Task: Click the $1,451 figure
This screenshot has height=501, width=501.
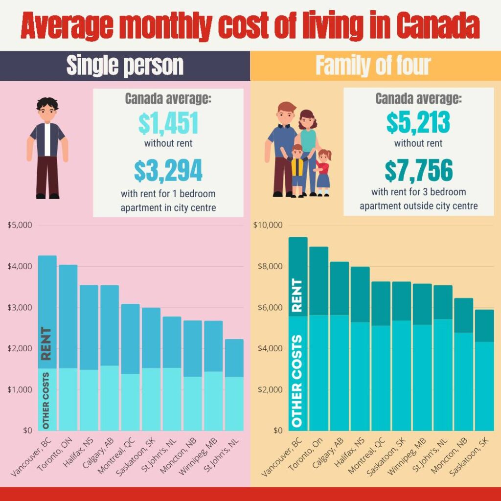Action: coord(168,124)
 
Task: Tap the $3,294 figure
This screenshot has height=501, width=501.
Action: coord(168,170)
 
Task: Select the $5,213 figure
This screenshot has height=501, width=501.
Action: coord(418,124)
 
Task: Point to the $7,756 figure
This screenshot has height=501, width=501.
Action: coord(418,170)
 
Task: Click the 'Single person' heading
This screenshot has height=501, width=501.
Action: coord(125,66)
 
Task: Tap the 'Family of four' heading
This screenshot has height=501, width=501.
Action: coord(373,66)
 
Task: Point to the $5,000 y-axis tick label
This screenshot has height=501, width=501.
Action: coord(20,226)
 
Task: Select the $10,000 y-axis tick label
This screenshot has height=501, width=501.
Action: coord(269,226)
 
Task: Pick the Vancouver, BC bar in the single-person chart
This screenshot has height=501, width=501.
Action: coord(47,342)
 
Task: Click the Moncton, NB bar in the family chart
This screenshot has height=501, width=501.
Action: coord(463,364)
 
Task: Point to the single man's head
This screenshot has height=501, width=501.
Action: coord(47,111)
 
